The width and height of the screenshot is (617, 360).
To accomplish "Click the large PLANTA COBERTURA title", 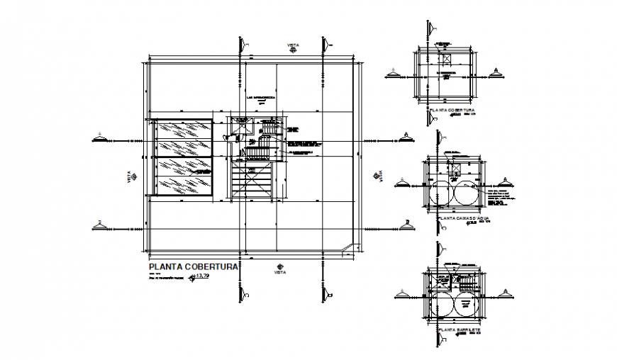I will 192,267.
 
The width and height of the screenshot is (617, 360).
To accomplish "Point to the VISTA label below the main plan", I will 280,271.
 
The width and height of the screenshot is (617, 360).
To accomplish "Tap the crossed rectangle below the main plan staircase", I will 252,184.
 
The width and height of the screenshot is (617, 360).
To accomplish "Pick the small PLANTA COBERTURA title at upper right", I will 450,111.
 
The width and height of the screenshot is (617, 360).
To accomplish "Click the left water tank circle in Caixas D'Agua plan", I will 442,191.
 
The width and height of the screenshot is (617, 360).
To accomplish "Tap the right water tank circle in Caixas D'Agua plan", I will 469,191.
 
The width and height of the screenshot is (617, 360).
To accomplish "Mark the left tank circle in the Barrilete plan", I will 443,307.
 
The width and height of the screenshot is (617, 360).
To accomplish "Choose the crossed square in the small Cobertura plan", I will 446,59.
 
